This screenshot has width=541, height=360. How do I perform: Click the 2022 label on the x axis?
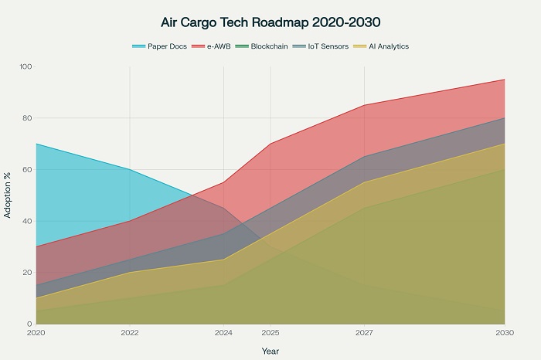coord(130,333)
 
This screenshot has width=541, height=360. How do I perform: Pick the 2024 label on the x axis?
coord(223,333)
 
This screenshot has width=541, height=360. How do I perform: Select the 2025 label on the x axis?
coord(270,333)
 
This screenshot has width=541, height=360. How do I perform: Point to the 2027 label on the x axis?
coord(364,333)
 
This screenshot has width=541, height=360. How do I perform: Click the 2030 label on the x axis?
coord(504,333)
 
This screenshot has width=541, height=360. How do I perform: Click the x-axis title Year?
coord(270,351)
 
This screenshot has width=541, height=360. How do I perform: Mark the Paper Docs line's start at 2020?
coord(36,144)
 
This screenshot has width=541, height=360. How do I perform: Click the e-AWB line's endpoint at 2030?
coord(505,80)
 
